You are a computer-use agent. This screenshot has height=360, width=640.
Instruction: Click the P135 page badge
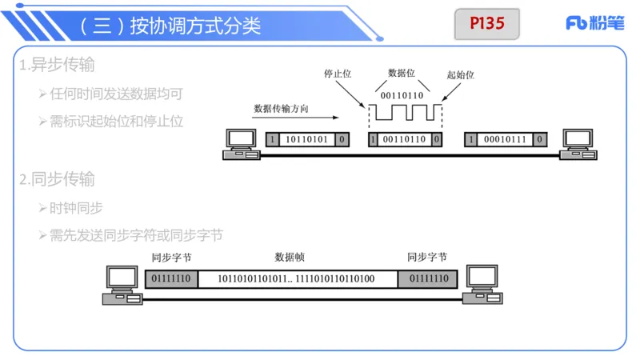pyautogui.click(x=487, y=24)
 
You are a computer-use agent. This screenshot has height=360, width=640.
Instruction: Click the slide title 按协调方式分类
pyautogui.click(x=170, y=26)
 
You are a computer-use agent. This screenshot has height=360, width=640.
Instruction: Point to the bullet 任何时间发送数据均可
pyautogui.click(x=115, y=94)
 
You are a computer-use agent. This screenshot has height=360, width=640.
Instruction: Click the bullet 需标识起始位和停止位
pyautogui.click(x=115, y=122)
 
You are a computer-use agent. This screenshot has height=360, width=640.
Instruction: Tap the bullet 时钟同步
pyautogui.click(x=75, y=208)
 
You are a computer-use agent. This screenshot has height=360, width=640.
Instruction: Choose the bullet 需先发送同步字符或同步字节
pyautogui.click(x=134, y=235)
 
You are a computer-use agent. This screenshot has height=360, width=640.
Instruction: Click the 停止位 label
pyautogui.click(x=338, y=73)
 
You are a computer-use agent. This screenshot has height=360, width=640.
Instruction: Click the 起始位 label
pyautogui.click(x=460, y=74)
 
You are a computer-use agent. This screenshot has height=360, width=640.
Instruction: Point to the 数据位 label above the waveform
pyautogui.click(x=401, y=72)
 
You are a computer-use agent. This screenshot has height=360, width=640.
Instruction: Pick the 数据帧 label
pyautogui.click(x=290, y=258)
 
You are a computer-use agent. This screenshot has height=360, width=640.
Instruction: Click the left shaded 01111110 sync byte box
pyautogui.click(x=170, y=279)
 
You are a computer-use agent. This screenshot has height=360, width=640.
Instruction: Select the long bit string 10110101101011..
pyautogui.click(x=297, y=279)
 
